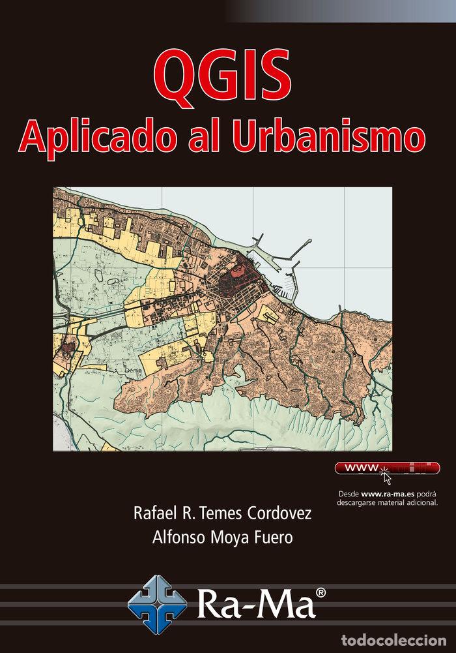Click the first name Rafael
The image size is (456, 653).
[155, 513]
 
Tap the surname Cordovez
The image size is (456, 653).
[280, 513]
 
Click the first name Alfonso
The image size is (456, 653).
[175, 538]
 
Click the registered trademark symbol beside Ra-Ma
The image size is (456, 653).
[321, 592]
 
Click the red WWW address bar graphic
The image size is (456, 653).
[387, 468]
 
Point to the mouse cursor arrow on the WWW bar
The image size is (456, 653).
[386, 476]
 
